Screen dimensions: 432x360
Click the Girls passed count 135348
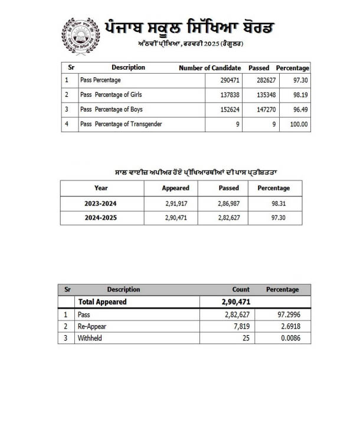pyautogui.click(x=260, y=94)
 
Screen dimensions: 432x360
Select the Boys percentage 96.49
pyautogui.click(x=297, y=109)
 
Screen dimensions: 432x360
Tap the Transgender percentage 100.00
pyautogui.click(x=296, y=124)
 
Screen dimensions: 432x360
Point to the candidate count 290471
pyautogui.click(x=226, y=80)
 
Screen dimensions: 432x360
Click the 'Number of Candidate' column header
pyautogui.click(x=210, y=68)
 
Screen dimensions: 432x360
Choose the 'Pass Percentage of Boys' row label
pyautogui.click(x=112, y=109)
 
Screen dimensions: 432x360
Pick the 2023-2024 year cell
pyautogui.click(x=101, y=203)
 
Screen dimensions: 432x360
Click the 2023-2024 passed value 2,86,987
pyautogui.click(x=226, y=203)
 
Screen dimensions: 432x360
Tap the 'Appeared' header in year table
pyautogui.click(x=175, y=188)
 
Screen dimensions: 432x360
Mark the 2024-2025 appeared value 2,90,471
pyautogui.click(x=175, y=218)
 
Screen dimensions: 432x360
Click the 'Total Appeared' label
pyautogui.click(x=103, y=302)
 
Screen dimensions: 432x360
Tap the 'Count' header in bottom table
pyautogui.click(x=241, y=290)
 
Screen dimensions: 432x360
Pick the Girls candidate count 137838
pyautogui.click(x=226, y=94)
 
